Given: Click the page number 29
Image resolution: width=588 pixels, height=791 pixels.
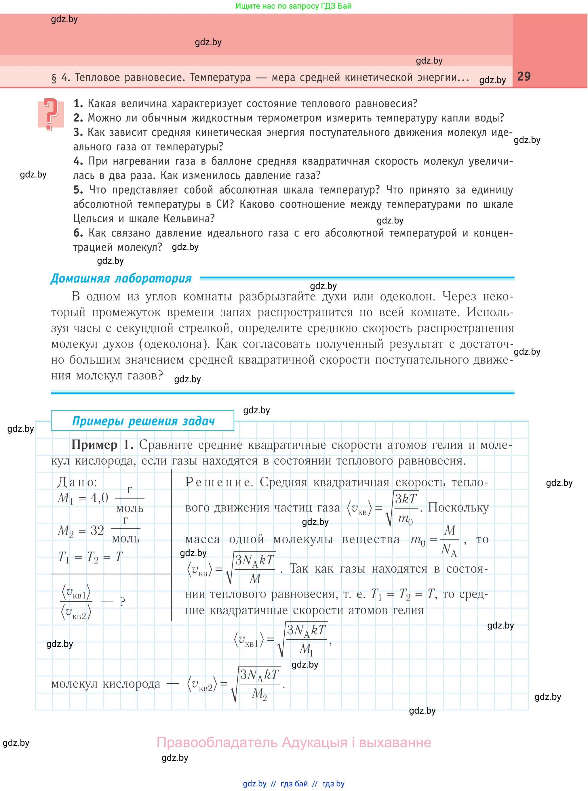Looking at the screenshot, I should coord(524,77).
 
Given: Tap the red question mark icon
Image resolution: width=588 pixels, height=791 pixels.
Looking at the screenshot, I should coord(51,114).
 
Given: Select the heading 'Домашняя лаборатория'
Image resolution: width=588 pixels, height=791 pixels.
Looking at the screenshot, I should coord(121,278).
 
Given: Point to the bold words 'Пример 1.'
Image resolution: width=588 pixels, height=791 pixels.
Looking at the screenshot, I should coord(102,445).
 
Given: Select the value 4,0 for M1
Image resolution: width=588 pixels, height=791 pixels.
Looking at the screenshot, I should coord(99,498).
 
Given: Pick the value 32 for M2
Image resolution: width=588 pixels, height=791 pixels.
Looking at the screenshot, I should coord(97,530).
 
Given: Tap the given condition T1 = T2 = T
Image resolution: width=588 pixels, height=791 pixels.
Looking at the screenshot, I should coord(90,557).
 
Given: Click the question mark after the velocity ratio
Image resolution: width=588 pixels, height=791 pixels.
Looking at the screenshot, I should coord(122,602).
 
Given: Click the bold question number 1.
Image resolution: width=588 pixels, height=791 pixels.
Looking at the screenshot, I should coord(78,104).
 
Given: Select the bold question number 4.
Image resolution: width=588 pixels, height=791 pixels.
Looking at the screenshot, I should coord(78,161).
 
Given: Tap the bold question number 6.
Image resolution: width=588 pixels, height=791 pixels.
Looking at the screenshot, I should coord(78,233).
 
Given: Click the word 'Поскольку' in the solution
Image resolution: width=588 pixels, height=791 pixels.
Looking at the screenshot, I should coord(458,508).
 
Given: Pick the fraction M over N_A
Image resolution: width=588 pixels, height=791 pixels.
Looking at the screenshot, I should coord(449,540).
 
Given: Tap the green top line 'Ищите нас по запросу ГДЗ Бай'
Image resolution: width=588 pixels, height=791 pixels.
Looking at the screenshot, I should coord(293,6).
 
